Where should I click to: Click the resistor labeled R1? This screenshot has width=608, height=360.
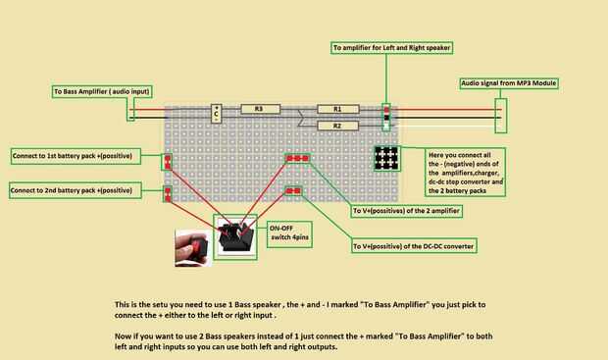(x=338, y=109)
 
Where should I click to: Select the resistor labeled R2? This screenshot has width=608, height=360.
(x=338, y=126)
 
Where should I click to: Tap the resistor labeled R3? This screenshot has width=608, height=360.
(x=260, y=109)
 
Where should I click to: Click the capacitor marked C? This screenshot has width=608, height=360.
(x=216, y=114)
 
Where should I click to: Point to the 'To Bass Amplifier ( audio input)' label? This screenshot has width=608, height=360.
(x=102, y=91)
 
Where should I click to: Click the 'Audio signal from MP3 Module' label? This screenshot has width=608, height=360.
(x=509, y=83)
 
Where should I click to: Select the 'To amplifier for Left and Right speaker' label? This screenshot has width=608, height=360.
(x=391, y=48)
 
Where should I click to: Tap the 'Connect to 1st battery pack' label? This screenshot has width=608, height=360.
(x=76, y=156)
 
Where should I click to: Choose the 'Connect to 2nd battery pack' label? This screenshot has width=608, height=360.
(x=76, y=190)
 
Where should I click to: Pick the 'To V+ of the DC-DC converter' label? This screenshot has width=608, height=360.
(x=414, y=246)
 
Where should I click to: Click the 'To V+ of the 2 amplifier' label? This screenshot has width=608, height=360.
(x=406, y=211)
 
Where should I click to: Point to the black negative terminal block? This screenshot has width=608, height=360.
(x=386, y=158)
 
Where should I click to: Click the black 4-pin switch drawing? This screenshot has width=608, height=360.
(x=235, y=236)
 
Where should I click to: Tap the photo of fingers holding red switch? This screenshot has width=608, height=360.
(x=193, y=248)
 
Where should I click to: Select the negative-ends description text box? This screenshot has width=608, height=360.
(x=465, y=172)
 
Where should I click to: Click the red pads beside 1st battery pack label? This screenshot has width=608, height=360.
(x=168, y=162)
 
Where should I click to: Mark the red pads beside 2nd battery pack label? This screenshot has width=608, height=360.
(x=168, y=194)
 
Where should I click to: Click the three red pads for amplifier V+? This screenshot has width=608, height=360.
(x=297, y=158)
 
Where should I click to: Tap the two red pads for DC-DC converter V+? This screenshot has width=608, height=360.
(x=293, y=191)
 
